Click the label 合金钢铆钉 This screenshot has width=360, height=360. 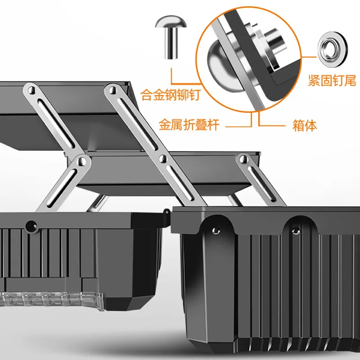[171, 94]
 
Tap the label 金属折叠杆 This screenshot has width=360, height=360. [189, 125]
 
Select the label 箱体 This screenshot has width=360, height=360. [305, 126]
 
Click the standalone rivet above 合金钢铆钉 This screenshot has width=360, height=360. [171, 37]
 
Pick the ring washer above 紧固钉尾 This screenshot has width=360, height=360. [333, 49]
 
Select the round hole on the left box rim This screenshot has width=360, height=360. [31, 226]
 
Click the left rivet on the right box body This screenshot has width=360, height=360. [216, 231]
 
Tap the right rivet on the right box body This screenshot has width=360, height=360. [296, 231]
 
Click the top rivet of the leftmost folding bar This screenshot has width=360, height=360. [32, 90]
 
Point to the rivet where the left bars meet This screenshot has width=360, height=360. [82, 162]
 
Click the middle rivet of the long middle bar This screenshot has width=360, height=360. [163, 158]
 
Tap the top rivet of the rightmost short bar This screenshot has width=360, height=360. [243, 159]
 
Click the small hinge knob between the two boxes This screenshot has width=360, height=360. [166, 211]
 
